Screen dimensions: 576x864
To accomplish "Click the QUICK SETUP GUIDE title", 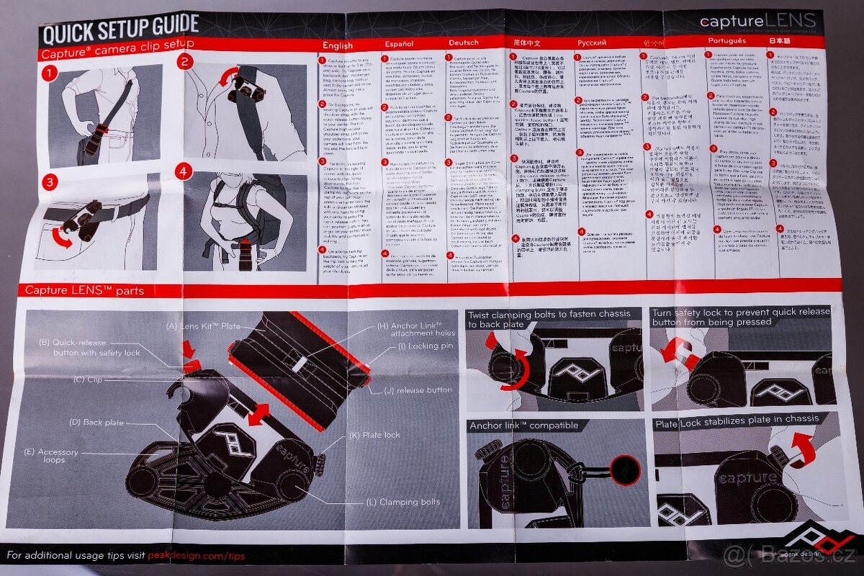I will tap(120, 27).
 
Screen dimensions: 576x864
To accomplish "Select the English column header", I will tap(337, 45).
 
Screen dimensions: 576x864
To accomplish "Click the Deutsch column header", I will tap(463, 42).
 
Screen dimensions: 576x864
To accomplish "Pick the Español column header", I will tap(399, 44).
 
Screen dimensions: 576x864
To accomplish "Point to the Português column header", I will tap(726, 41).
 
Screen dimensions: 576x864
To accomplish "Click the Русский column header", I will tap(592, 42).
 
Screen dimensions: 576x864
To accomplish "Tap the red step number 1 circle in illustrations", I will tap(48, 73).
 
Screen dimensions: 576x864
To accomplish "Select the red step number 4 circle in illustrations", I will tap(184, 172).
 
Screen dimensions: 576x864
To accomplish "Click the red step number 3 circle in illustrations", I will tap(49, 182).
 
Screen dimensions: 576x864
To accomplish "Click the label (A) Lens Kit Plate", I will tap(204, 326).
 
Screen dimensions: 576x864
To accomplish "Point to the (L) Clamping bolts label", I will tap(409, 502).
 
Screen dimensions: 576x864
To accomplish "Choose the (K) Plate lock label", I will tap(374, 435).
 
